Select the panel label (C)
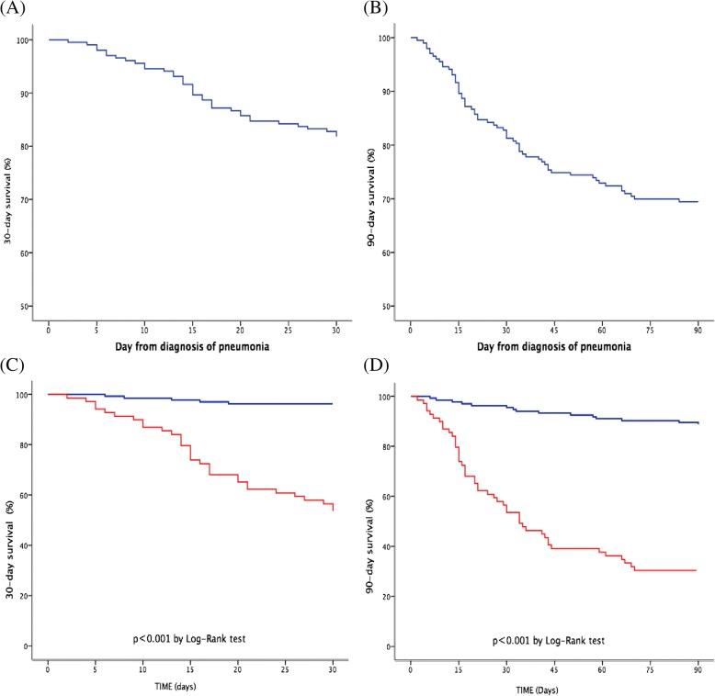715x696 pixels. coord(17,365)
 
